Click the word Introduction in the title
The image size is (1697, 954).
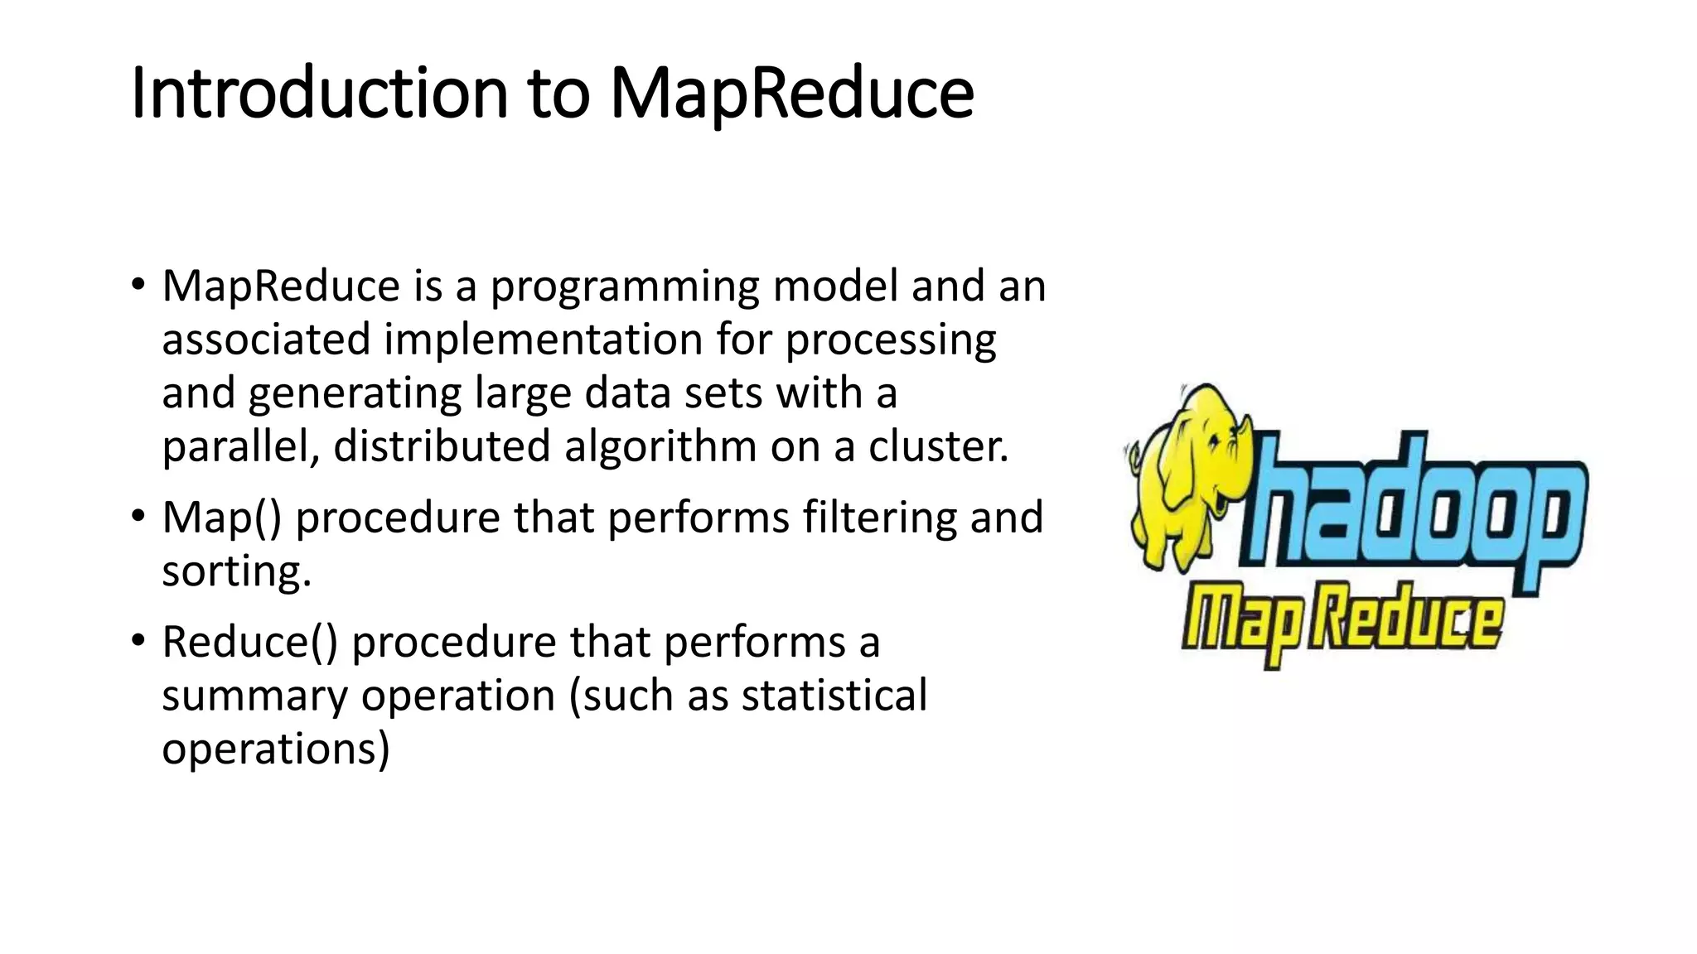319,93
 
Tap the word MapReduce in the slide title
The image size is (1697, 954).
791,93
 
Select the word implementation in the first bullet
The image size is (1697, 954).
543,340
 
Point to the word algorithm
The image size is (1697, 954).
660,446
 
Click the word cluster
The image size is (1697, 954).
938,446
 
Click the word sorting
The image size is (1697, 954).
235,572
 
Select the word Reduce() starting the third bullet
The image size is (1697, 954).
249,643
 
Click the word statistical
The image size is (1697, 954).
834,696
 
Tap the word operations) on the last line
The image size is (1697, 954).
275,749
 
